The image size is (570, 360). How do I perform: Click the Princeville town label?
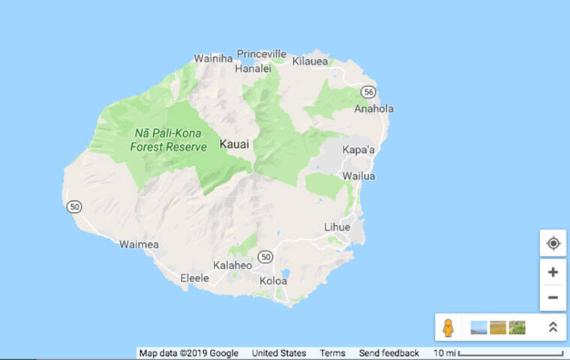tap(262, 54)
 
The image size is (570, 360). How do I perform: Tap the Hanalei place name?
tap(253, 67)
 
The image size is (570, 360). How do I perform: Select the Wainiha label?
tap(212, 58)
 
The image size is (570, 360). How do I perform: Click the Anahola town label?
tap(373, 109)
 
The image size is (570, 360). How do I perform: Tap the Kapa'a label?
tap(358, 149)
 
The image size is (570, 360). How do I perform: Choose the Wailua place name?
tap(358, 176)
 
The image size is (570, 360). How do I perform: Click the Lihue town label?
tap(337, 226)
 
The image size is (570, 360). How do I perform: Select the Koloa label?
tap(273, 281)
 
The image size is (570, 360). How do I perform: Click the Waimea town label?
tap(138, 244)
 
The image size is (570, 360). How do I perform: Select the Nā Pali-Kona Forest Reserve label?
tap(168, 140)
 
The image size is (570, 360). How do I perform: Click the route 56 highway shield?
tap(367, 91)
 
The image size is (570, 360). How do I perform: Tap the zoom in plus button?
tap(553, 272)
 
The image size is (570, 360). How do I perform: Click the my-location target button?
tap(553, 244)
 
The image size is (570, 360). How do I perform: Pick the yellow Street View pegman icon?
tap(448, 328)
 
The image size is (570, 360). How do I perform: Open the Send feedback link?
tap(388, 353)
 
